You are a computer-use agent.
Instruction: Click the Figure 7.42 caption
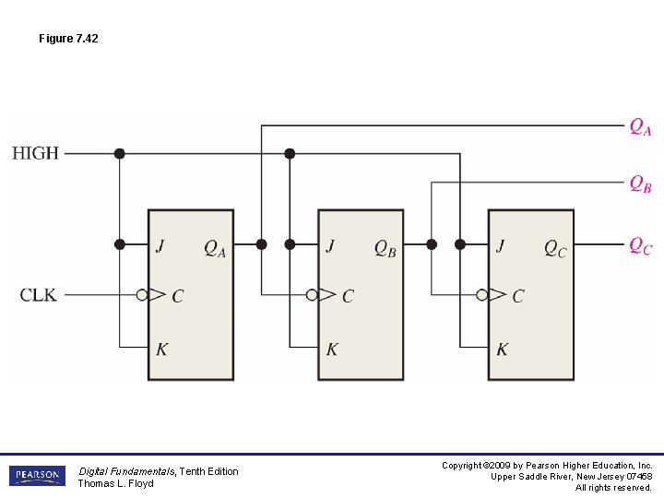(x=68, y=39)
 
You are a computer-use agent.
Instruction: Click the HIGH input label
(x=35, y=153)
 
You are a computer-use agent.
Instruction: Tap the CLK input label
(x=38, y=295)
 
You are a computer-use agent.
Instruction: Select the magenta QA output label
(x=641, y=126)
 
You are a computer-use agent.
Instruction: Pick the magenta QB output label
(x=641, y=184)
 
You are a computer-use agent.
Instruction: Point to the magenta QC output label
(x=641, y=245)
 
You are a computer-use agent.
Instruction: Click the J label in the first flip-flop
(x=160, y=245)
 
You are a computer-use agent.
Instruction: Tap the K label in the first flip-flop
(x=161, y=349)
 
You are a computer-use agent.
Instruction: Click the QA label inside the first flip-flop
(x=215, y=248)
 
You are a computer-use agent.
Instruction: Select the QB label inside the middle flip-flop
(x=385, y=248)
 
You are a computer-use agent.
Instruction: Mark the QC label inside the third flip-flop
(x=555, y=248)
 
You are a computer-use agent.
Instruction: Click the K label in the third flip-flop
(x=502, y=349)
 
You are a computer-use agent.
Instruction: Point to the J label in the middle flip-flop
(x=329, y=245)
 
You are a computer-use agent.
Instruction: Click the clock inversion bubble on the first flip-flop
(x=142, y=295)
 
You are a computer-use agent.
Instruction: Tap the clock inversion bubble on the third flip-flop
(x=481, y=295)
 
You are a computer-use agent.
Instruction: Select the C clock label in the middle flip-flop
(x=348, y=296)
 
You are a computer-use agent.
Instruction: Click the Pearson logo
(x=37, y=476)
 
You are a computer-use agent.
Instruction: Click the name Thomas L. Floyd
(x=115, y=483)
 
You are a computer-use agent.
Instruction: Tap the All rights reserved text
(x=613, y=487)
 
